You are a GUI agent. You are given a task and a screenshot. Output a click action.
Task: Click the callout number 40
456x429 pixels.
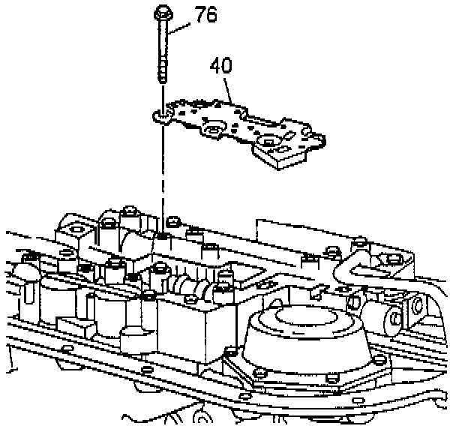(x=221, y=66)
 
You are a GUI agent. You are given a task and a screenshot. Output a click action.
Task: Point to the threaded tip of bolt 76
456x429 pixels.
(x=163, y=76)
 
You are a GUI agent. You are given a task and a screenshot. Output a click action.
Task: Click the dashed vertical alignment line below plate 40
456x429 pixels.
(x=163, y=180)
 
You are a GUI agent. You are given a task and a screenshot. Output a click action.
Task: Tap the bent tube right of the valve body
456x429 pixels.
(x=352, y=274)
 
